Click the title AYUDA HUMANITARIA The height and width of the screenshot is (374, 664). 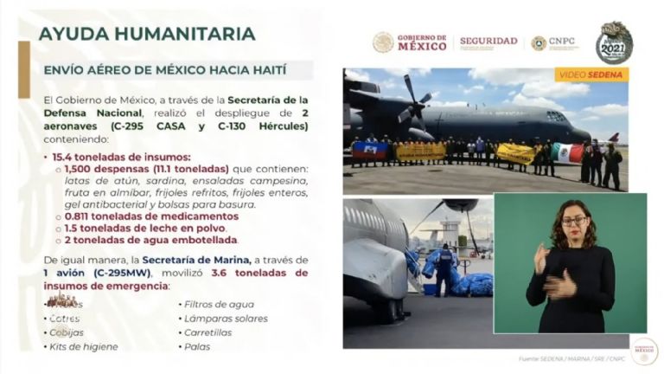(147, 34)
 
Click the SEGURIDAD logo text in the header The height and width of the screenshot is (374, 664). (488, 42)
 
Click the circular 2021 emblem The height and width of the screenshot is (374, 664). (615, 42)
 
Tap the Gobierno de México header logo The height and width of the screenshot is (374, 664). (411, 42)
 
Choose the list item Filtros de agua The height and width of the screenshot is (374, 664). (217, 304)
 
